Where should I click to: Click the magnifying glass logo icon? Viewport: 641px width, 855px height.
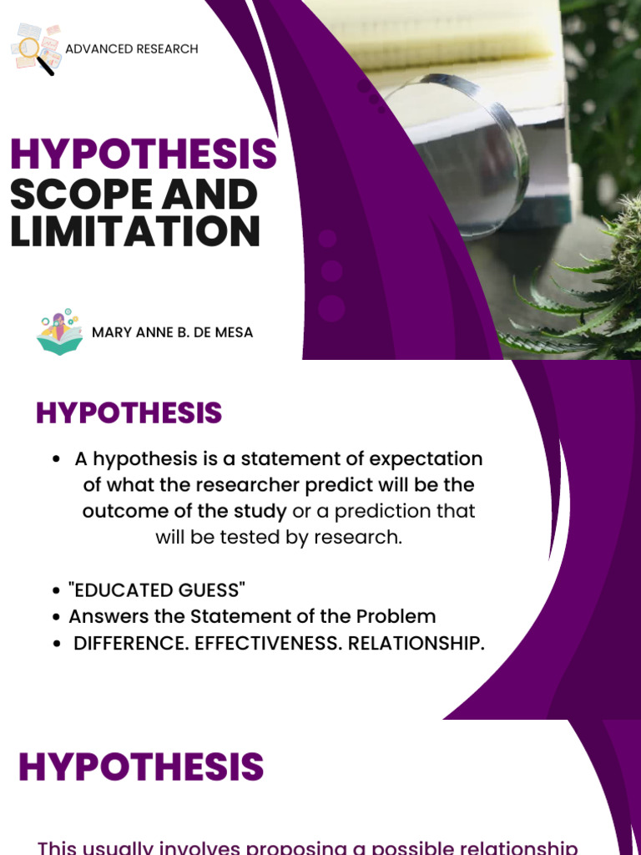(x=35, y=49)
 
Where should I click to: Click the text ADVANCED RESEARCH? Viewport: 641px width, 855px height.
(x=132, y=49)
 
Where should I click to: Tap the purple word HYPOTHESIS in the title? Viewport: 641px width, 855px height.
(x=143, y=155)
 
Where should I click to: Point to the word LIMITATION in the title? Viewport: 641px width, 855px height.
(x=135, y=230)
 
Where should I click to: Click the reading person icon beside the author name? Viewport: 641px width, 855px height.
(x=58, y=332)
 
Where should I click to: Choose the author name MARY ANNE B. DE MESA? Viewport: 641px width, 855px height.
(x=172, y=332)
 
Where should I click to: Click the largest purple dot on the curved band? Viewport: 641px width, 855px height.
(x=331, y=308)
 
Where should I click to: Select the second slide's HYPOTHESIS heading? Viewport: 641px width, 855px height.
(x=129, y=413)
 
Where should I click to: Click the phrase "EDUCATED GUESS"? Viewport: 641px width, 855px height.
(x=157, y=590)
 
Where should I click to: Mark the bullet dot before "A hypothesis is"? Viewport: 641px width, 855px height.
(x=55, y=460)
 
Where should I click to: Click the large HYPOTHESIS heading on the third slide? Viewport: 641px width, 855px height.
(x=141, y=767)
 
